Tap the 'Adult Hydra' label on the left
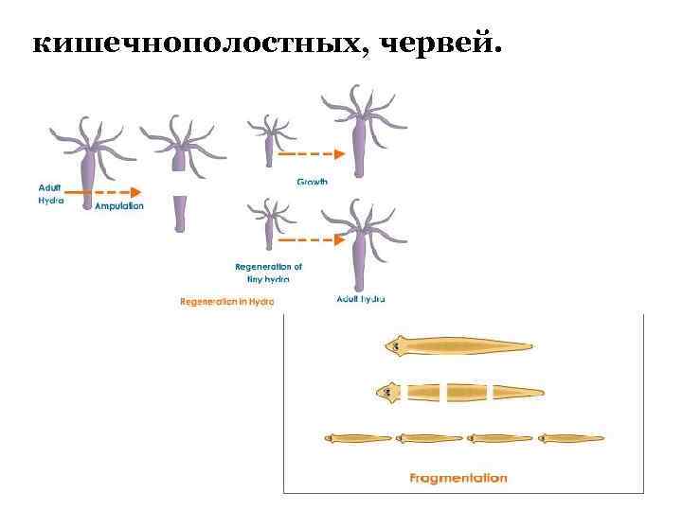(50, 194)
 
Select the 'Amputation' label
(119, 205)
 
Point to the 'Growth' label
(313, 182)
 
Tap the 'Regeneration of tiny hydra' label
(269, 273)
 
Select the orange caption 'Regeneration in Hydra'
(227, 302)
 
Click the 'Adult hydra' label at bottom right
(361, 299)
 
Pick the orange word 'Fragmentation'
(458, 478)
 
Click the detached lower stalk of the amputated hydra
(179, 214)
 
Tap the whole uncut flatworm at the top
(458, 346)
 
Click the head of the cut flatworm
(389, 391)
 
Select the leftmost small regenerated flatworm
(358, 438)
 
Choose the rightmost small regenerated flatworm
(570, 438)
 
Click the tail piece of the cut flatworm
(517, 391)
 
